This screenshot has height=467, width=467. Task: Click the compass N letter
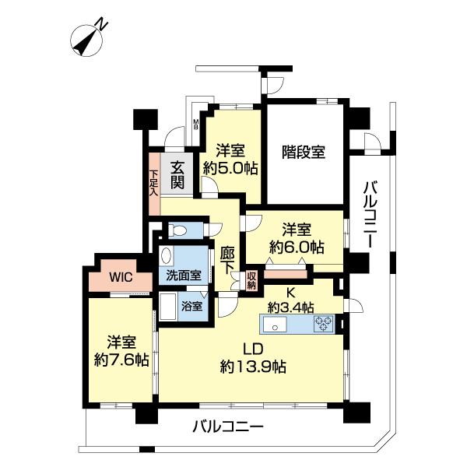pyautogui.click(x=102, y=24)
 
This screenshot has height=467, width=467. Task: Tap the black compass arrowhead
pyautogui.click(x=81, y=47)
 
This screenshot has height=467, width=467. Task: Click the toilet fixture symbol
pyautogui.click(x=177, y=230)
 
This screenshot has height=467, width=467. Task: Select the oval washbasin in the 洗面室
pyautogui.click(x=167, y=255)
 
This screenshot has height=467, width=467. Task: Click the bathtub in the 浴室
pyautogui.click(x=168, y=307)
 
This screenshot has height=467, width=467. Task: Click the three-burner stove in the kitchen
pyautogui.click(x=324, y=324)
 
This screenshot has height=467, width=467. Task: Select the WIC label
pyautogui.click(x=121, y=277)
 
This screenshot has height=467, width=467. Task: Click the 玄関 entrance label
pyautogui.click(x=177, y=176)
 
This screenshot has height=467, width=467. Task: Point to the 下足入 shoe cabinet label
pyautogui.click(x=153, y=183)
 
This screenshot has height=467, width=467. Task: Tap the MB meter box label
pyautogui.click(x=196, y=125)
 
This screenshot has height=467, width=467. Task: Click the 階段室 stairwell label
pyautogui.click(x=304, y=152)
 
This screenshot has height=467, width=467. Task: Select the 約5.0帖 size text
pyautogui.click(x=230, y=169)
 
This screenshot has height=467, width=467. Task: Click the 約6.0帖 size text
pyautogui.click(x=297, y=247)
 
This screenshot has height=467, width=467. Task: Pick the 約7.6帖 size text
pyautogui.click(x=121, y=360)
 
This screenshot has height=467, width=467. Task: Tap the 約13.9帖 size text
pyautogui.click(x=253, y=367)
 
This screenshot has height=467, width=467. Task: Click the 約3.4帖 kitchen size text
pyautogui.click(x=290, y=307)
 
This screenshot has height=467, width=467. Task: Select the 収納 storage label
pyautogui.click(x=251, y=281)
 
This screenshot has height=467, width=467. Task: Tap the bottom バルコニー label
pyautogui.click(x=228, y=427)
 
